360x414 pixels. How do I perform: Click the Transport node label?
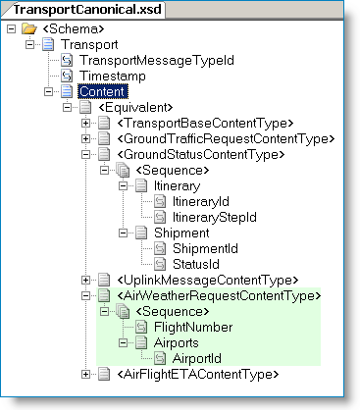click(x=90, y=44)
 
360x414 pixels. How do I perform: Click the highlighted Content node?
click(x=102, y=91)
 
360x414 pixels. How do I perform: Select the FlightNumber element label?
click(x=193, y=327)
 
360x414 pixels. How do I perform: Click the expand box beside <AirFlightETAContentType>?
click(x=85, y=374)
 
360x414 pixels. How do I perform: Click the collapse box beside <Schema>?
click(x=10, y=28)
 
